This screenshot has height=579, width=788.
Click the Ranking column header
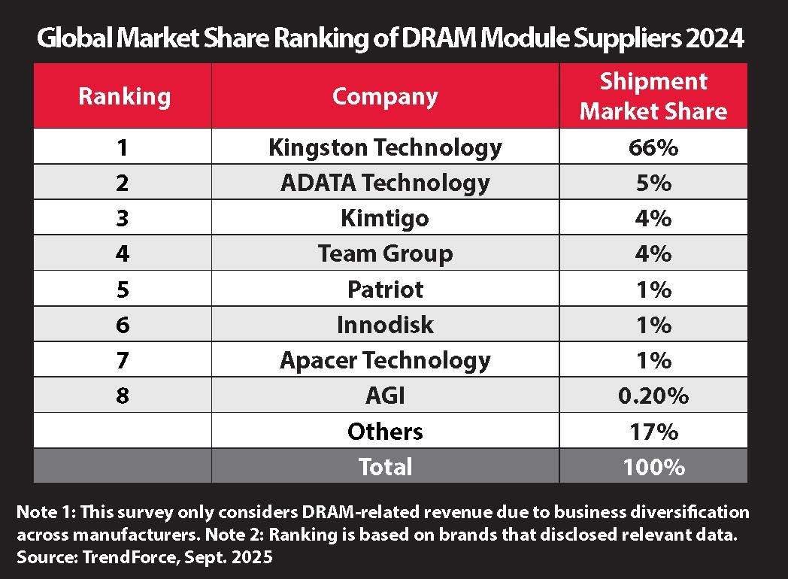[x=124, y=96]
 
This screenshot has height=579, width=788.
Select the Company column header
[x=384, y=96]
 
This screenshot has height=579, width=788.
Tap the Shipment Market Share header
[x=653, y=96]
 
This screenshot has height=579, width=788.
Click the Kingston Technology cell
[x=384, y=147]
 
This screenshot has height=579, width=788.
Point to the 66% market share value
[x=653, y=147]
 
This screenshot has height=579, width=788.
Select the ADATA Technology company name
[x=384, y=182]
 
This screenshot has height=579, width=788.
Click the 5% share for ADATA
[x=653, y=182]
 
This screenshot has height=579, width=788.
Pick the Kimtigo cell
[x=384, y=218]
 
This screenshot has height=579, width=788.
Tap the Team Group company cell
[x=384, y=253]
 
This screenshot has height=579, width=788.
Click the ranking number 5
[x=122, y=289]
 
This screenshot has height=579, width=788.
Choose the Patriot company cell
[x=384, y=289]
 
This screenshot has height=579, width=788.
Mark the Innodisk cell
[x=384, y=324]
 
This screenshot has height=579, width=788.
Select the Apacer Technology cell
[x=384, y=359]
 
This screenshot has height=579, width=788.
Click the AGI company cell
[x=384, y=396]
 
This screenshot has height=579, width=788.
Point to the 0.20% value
[x=653, y=396]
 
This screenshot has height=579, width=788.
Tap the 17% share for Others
[x=653, y=432]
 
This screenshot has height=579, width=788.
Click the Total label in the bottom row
[x=384, y=467]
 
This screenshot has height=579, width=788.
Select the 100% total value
[x=653, y=467]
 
